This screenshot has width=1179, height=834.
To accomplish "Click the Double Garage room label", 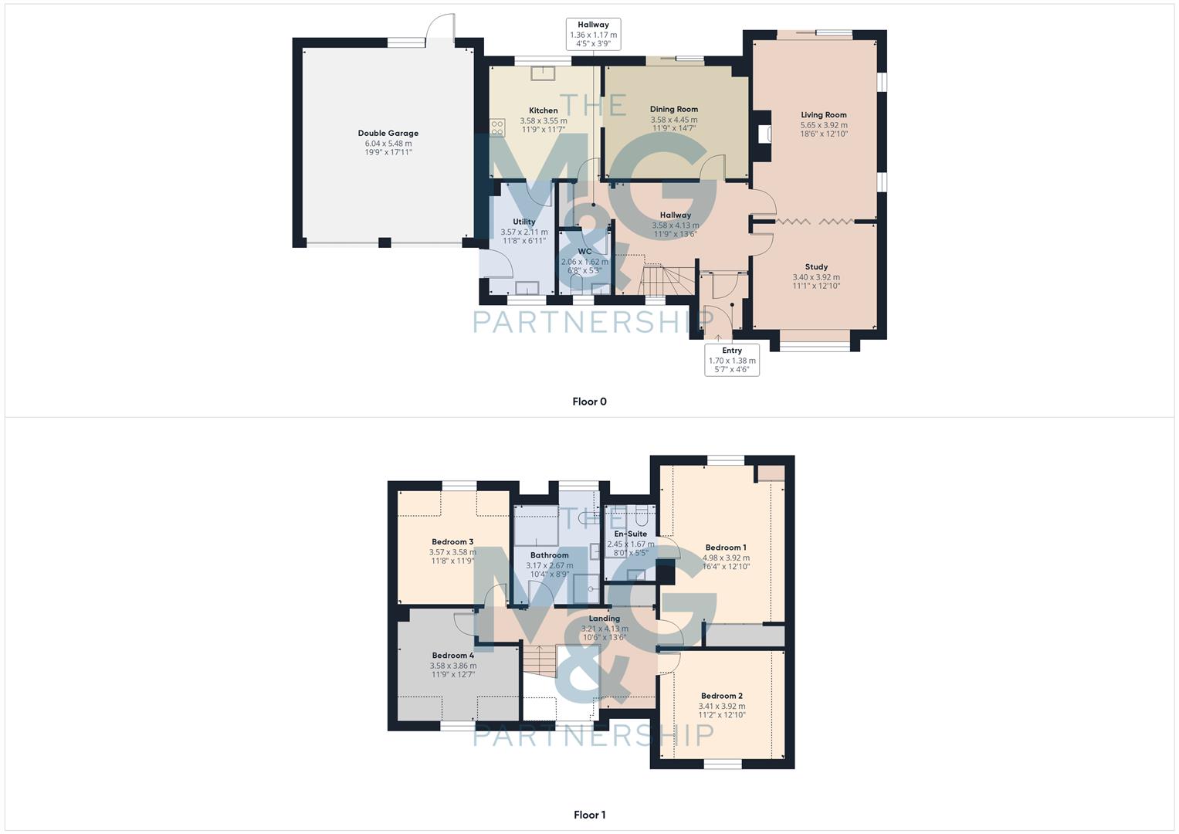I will tap(388, 134).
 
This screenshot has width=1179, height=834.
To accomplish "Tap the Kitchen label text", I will tap(543, 110).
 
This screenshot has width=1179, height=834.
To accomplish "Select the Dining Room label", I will tap(673, 110).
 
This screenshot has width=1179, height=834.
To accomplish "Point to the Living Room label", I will tap(823, 115).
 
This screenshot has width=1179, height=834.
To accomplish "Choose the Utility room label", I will tap(523, 222).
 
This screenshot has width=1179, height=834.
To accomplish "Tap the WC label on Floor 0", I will tap(584, 252).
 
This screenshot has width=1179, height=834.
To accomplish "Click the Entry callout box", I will tap(731, 360).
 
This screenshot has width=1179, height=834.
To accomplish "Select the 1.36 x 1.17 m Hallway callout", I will tap(593, 35).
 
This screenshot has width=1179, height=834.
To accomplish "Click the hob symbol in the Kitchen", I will tap(496, 127).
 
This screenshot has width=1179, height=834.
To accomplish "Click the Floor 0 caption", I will tap(589, 402).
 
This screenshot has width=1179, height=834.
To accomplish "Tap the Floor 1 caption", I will tap(589, 815).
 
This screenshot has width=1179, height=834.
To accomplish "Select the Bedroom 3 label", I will tap(452, 542).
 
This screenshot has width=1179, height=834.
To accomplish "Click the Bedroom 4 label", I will tap(452, 656).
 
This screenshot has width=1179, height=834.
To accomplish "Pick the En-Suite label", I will tap(630, 534).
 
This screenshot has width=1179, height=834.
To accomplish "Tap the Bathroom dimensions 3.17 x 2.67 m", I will tap(549, 565).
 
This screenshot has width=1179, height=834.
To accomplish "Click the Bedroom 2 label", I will tap(721, 696).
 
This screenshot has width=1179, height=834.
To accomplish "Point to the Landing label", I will tap(604, 619).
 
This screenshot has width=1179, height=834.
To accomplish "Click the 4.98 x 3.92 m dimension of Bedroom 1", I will tap(726, 558).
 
